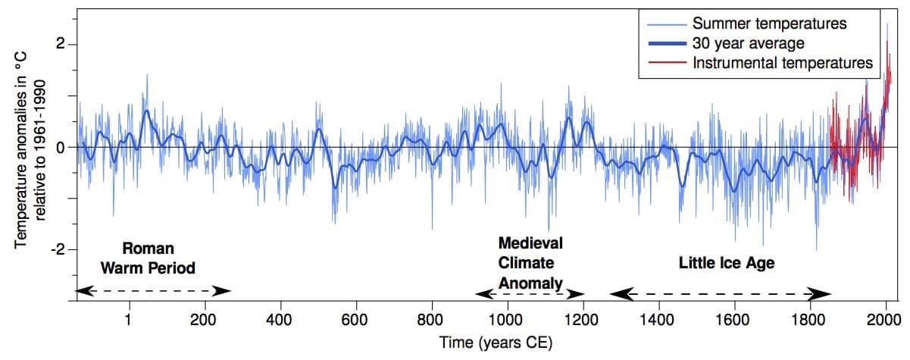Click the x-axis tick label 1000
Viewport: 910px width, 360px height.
coord(506,318)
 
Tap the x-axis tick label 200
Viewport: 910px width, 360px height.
coord(204,318)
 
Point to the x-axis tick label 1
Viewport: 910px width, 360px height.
coord(129,318)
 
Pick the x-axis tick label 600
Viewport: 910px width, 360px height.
coord(355,318)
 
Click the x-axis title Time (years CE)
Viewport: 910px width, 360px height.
coord(496,342)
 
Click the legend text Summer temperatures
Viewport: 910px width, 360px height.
coord(769,23)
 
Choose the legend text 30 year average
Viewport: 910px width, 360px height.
coord(748,42)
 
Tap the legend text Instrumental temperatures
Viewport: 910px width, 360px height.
coord(783,62)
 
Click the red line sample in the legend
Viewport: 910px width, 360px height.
coord(664,62)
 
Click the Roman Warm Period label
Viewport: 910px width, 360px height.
coord(149,258)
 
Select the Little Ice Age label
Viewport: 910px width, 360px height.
coord(727,263)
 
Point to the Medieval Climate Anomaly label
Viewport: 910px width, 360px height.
coord(530,263)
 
